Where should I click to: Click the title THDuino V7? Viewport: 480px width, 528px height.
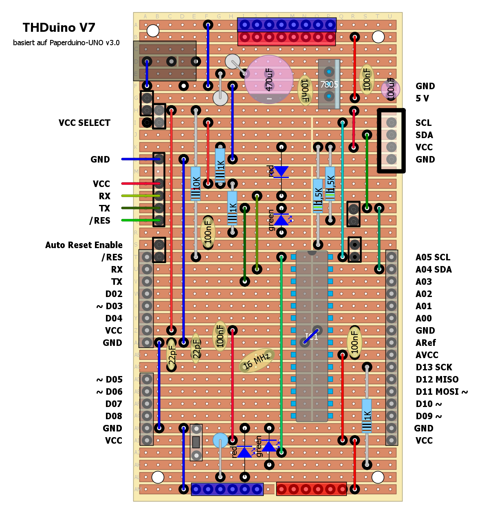point(59,28)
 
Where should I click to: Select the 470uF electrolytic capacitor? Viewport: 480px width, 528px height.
point(269,79)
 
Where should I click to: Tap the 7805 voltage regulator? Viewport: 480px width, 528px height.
point(329,84)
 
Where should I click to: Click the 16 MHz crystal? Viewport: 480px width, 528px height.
point(257,361)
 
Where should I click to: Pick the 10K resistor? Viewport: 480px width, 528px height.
point(196,183)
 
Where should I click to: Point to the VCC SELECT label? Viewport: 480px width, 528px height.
point(84,123)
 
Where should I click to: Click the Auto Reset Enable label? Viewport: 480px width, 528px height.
point(84,245)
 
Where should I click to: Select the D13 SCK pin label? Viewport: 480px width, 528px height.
point(434,367)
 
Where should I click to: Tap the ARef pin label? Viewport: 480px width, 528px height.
point(425,343)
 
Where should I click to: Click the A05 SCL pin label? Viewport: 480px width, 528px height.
point(433,257)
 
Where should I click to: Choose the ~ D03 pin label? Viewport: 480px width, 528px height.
point(109,306)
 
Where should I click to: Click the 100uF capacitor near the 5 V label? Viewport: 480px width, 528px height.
point(390,89)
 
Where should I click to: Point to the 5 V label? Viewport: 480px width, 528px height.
point(422,99)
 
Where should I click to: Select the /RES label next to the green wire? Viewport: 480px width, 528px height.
point(100,221)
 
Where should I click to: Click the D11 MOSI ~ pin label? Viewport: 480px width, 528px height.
point(441,392)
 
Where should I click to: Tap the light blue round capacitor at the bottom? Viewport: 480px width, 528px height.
point(220,440)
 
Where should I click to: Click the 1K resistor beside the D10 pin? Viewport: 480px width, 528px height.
point(367,416)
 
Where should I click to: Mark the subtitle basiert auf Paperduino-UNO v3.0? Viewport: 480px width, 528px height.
point(66,43)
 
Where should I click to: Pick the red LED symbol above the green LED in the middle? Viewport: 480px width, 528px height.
point(281,172)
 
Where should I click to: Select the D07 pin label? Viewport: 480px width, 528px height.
point(114,404)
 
